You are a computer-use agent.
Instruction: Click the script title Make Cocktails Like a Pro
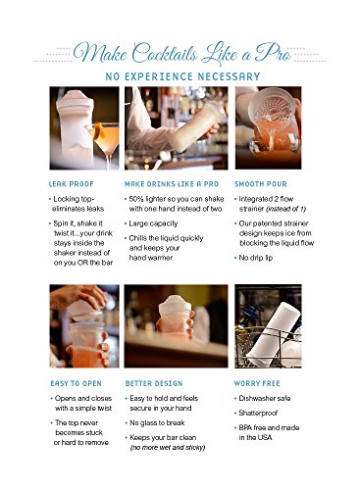(x=181, y=53)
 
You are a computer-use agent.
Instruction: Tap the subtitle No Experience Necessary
(x=182, y=76)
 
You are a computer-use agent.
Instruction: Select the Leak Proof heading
(x=72, y=184)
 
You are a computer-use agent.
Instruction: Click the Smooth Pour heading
(x=261, y=184)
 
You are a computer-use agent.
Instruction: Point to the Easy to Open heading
(x=76, y=383)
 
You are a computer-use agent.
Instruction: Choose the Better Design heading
(x=154, y=383)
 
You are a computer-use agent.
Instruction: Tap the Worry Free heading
(x=257, y=383)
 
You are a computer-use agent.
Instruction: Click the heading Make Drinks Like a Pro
(x=172, y=184)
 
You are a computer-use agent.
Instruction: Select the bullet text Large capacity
(x=153, y=223)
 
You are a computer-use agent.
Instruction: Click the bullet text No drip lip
(x=256, y=258)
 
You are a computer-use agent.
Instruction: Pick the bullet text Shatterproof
(x=258, y=413)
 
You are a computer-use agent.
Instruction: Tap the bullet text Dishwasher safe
(x=265, y=398)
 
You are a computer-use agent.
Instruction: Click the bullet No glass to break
(x=157, y=422)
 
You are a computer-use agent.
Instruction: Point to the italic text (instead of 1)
(x=286, y=209)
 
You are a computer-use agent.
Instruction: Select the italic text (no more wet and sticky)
(x=168, y=448)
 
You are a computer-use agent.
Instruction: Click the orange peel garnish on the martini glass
(x=99, y=131)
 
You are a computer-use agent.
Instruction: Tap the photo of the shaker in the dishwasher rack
(x=268, y=326)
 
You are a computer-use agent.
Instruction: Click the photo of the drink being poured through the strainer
(x=268, y=127)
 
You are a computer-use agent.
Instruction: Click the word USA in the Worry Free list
(x=263, y=437)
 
